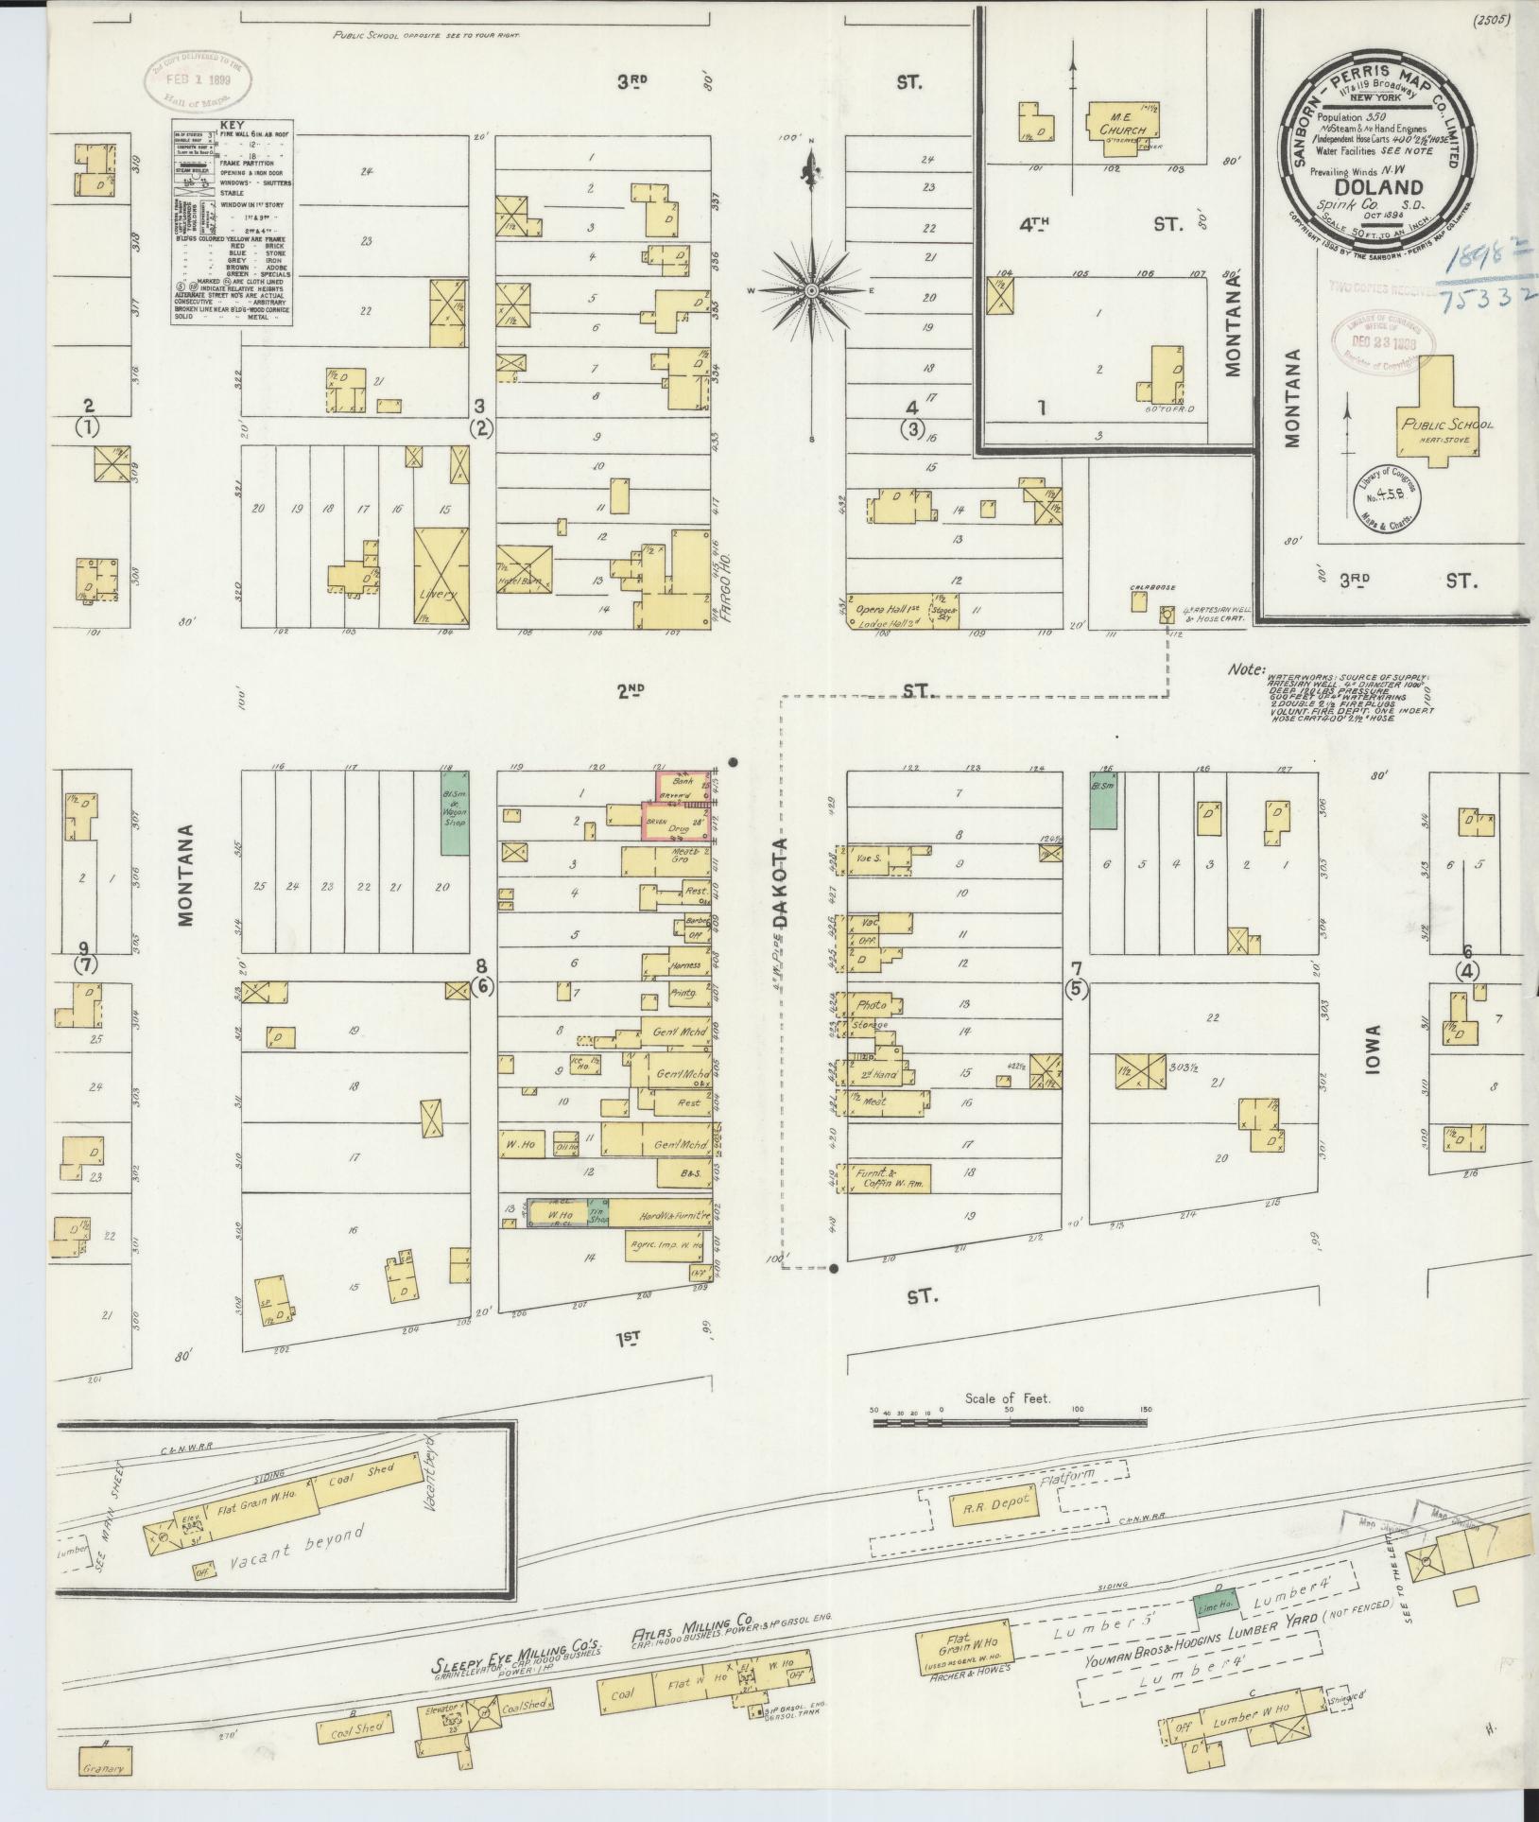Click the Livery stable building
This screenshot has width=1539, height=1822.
click(x=441, y=577)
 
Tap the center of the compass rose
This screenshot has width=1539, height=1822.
click(x=812, y=290)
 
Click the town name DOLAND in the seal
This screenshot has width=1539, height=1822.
click(x=1379, y=187)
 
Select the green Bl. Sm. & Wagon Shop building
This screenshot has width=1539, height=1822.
click(x=456, y=811)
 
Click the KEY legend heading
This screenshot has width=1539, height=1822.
click(x=231, y=125)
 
